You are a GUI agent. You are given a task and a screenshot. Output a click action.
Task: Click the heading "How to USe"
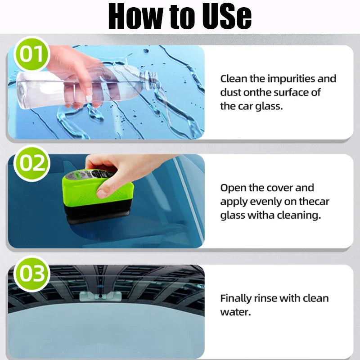(x=180, y=17)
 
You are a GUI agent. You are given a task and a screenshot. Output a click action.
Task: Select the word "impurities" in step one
(x=291, y=79)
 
